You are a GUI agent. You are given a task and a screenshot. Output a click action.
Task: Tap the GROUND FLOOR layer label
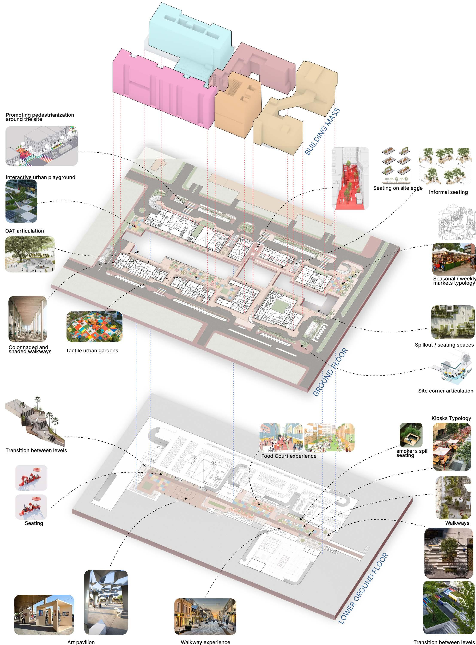[x=330, y=372]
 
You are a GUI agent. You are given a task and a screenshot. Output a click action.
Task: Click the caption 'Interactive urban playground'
[x=40, y=177]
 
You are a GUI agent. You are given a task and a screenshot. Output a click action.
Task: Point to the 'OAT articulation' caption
[x=24, y=231]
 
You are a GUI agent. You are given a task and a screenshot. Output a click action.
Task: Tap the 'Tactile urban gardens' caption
[x=92, y=351]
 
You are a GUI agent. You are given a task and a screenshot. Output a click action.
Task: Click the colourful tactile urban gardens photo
[x=94, y=327]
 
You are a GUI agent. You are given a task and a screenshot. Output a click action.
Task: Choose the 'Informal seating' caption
[x=448, y=192]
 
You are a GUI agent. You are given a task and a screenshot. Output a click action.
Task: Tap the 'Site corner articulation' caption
[x=446, y=391]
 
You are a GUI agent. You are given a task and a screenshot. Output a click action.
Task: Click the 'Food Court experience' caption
[x=289, y=456]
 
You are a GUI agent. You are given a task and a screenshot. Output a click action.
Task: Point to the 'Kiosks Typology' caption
[x=451, y=418]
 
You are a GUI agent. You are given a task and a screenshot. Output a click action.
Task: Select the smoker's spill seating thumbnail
[x=411, y=435]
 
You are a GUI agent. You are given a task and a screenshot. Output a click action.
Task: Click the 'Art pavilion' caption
[x=81, y=642]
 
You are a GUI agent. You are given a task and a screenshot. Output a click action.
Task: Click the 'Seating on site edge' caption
[x=398, y=188]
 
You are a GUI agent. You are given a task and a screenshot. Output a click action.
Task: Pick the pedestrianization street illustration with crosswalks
[x=41, y=146]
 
